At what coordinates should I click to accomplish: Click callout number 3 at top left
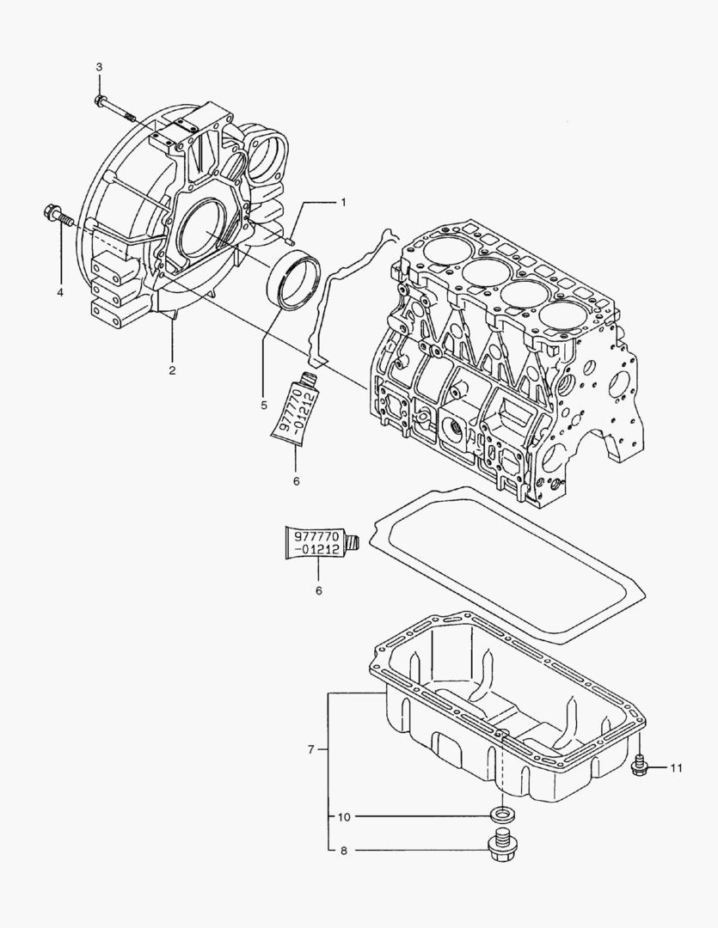click(x=99, y=66)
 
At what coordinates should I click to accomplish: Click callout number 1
click(x=342, y=203)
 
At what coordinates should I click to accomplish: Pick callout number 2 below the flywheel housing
click(x=172, y=370)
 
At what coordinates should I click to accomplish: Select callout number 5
click(x=265, y=379)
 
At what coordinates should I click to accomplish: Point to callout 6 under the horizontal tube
click(x=319, y=591)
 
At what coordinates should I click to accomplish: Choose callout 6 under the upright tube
click(x=296, y=481)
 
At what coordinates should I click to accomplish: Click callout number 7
click(x=310, y=749)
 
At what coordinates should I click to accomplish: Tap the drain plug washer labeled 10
click(x=500, y=815)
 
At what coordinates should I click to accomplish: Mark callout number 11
click(x=676, y=767)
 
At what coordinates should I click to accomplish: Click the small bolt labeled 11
click(x=639, y=766)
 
